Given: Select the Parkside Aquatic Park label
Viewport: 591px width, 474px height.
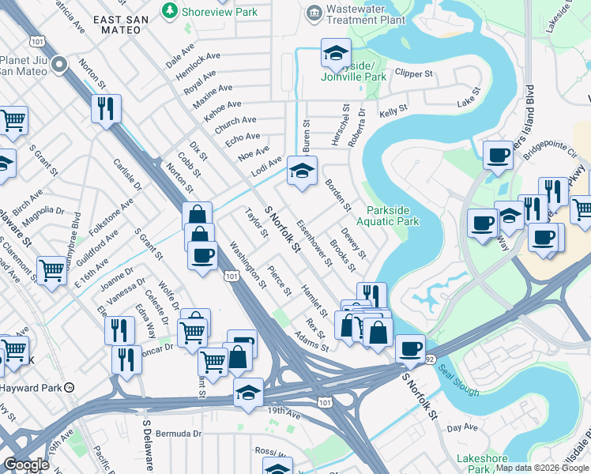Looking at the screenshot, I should (x=393, y=216).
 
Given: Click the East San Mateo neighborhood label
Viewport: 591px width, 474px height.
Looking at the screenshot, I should (x=116, y=24).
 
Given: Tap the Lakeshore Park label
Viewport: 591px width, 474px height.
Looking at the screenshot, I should (x=482, y=464).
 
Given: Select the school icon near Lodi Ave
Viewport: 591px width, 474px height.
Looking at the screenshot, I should (x=301, y=171).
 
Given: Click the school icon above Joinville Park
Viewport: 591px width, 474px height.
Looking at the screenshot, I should (x=335, y=54).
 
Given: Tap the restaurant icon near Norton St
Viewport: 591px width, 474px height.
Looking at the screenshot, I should (x=106, y=107).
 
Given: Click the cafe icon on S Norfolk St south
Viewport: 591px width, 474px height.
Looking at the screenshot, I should (x=410, y=348).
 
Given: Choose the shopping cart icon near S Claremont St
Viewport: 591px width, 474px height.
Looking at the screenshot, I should (x=51, y=269).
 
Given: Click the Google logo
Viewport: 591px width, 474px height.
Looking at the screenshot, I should (x=26, y=465).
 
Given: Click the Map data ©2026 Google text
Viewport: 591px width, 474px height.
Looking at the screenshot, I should (x=542, y=468).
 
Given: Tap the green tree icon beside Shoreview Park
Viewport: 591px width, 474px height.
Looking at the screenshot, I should (x=168, y=11).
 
